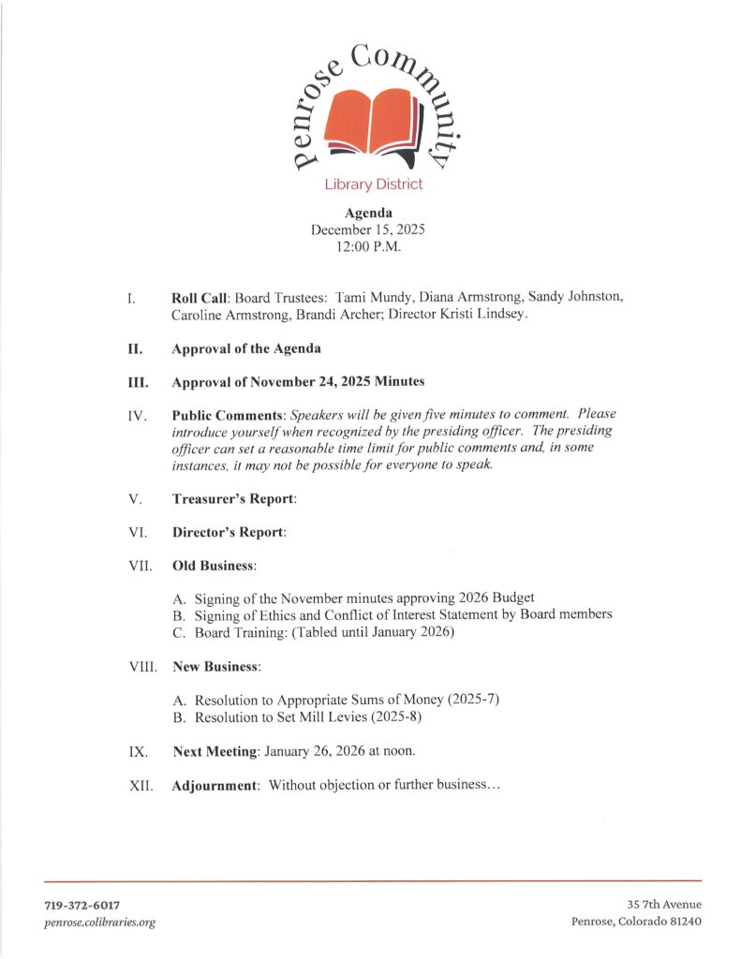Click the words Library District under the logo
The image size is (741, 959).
[x=374, y=184]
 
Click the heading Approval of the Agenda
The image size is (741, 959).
[x=246, y=349]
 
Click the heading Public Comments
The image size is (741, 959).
[x=229, y=415]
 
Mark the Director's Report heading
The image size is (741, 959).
[x=229, y=533]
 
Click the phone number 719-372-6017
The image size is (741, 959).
[x=82, y=905]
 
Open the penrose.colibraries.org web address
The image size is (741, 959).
[x=99, y=922]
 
